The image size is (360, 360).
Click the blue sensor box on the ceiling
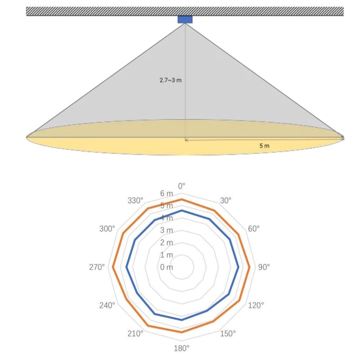pos(185,19)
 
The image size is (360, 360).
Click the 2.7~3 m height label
pos(171,80)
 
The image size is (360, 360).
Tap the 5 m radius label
pos(265,146)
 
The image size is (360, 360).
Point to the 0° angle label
pos(182,186)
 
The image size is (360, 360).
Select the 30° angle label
pos(225,200)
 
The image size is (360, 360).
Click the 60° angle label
pos(254,229)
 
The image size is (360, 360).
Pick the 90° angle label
pos(264,267)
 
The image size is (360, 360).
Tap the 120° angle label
pos(256,306)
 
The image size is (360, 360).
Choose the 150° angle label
pos(228,333)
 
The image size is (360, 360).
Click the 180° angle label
pos(181,348)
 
